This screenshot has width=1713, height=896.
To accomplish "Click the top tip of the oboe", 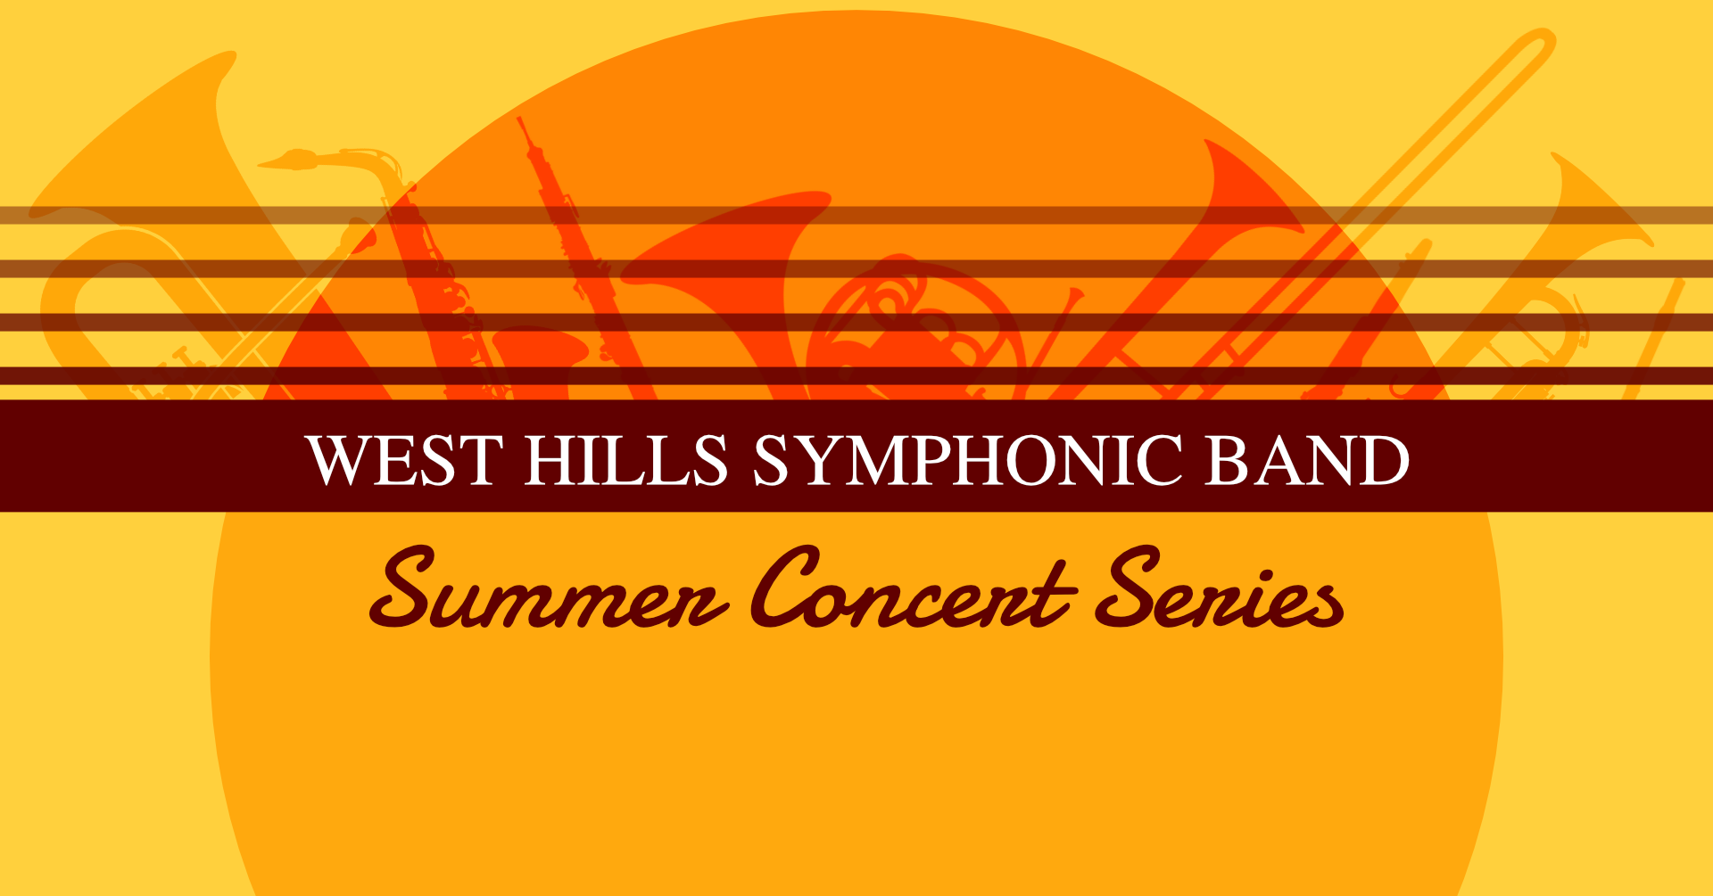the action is tap(520, 119).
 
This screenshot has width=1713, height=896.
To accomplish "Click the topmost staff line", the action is tap(856, 216).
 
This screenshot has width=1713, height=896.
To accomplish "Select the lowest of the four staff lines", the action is tap(856, 376).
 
